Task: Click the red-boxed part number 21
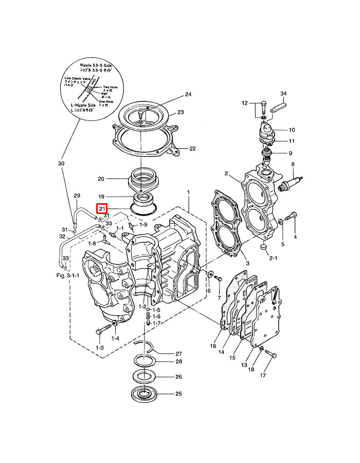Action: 101,209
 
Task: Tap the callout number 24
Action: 188,95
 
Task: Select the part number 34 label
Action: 283,93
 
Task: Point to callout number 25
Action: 178,395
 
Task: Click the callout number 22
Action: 192,149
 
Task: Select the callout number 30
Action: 61,164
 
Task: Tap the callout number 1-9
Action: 142,225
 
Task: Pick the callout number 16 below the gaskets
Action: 213,346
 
